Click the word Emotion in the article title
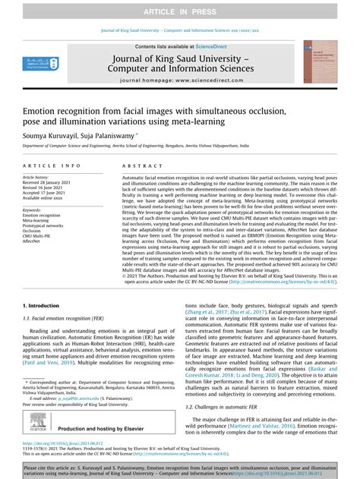point(42,110)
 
